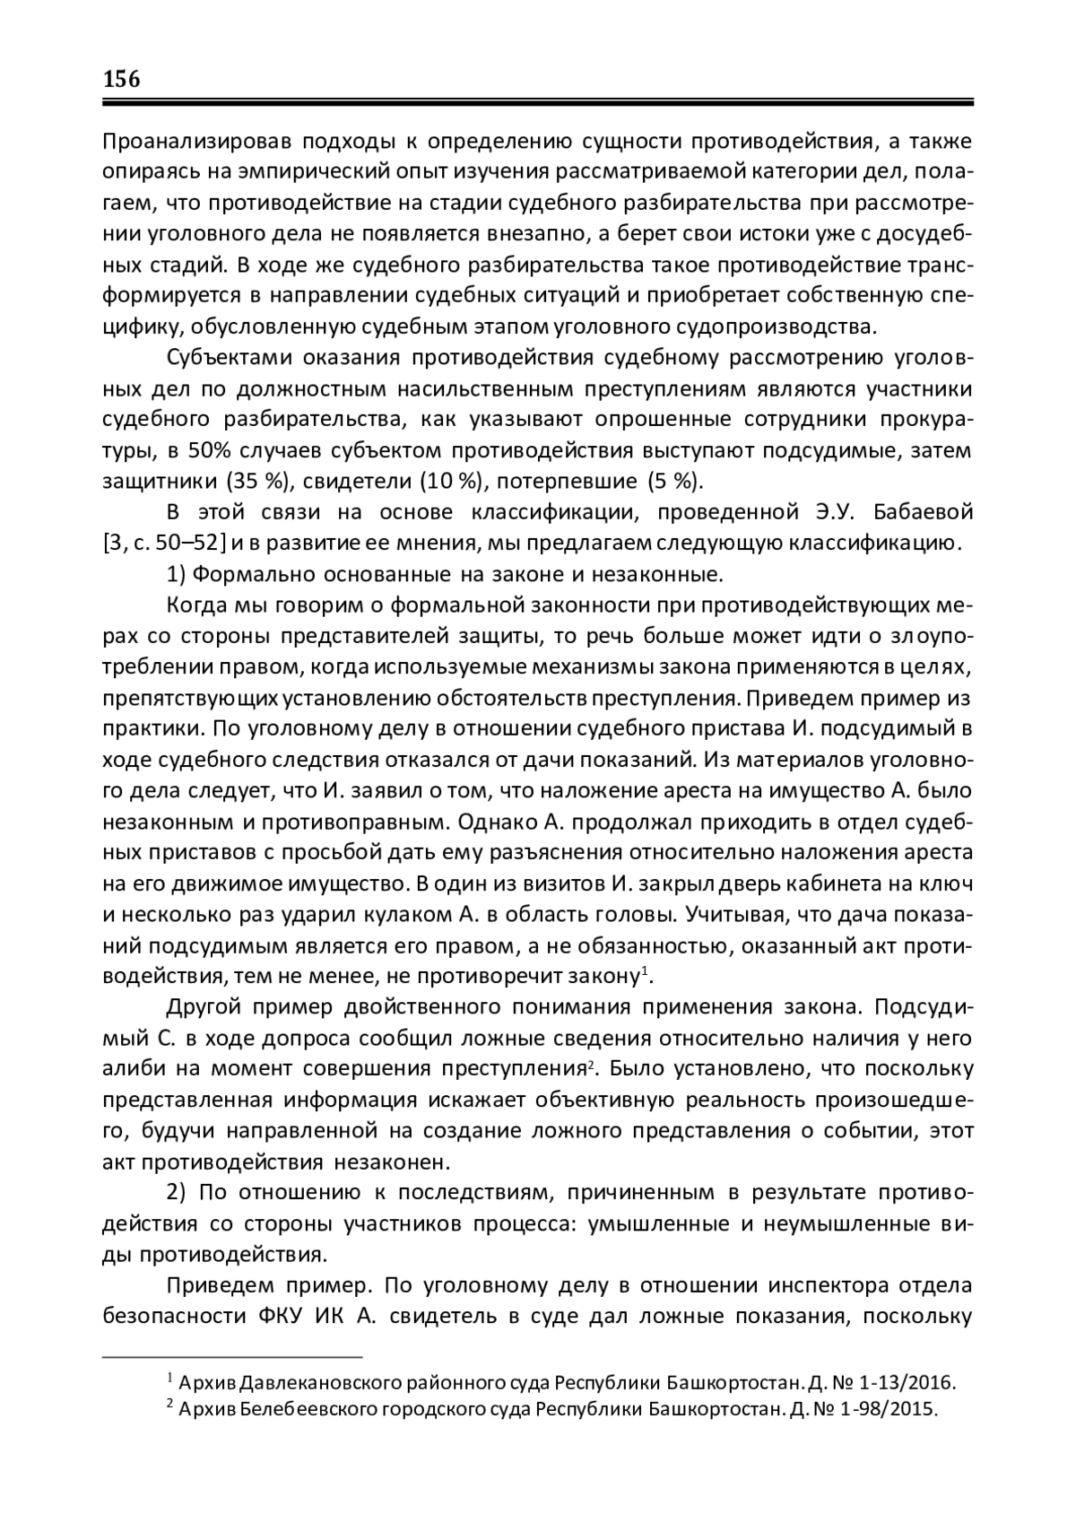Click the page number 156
[122, 79]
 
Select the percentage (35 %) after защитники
[260, 481]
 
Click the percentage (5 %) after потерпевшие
[672, 481]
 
